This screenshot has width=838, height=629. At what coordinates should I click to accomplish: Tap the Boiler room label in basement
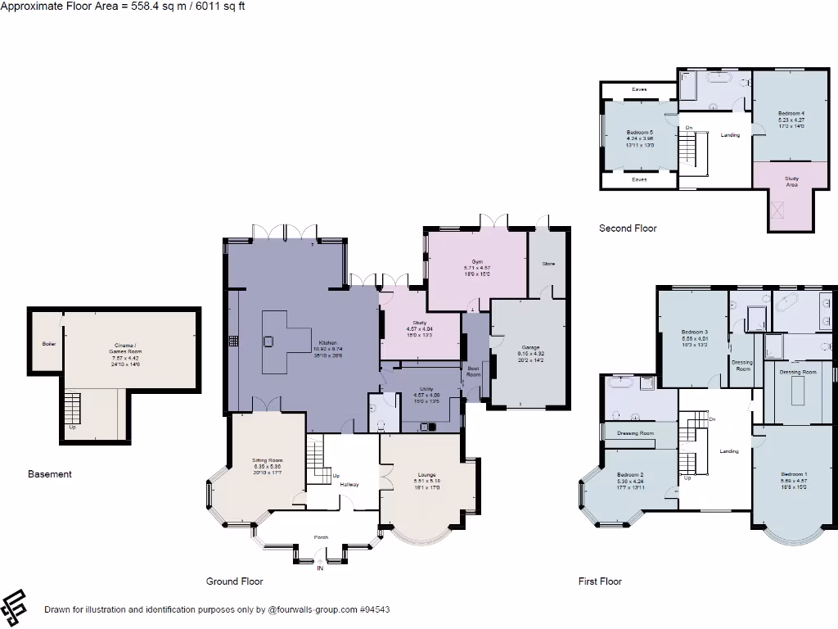click(x=49, y=343)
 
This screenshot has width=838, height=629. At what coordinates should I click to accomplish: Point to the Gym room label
click(x=477, y=261)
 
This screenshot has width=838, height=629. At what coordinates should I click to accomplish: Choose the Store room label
click(x=548, y=264)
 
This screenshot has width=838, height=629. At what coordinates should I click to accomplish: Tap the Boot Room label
click(x=473, y=371)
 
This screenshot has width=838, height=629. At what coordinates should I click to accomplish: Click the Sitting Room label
click(x=267, y=460)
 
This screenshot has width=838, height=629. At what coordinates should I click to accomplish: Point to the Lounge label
click(x=426, y=474)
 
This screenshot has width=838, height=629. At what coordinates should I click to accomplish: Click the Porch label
click(x=321, y=537)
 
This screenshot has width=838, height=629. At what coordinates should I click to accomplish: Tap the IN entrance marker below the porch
click(x=320, y=568)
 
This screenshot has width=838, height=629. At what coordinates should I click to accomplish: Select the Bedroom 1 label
click(x=793, y=474)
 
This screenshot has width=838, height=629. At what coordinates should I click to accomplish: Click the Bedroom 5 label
click(x=639, y=132)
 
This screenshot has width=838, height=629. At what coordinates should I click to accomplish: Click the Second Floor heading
click(x=628, y=229)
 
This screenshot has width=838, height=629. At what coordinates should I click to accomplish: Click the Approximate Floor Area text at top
click(x=123, y=6)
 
